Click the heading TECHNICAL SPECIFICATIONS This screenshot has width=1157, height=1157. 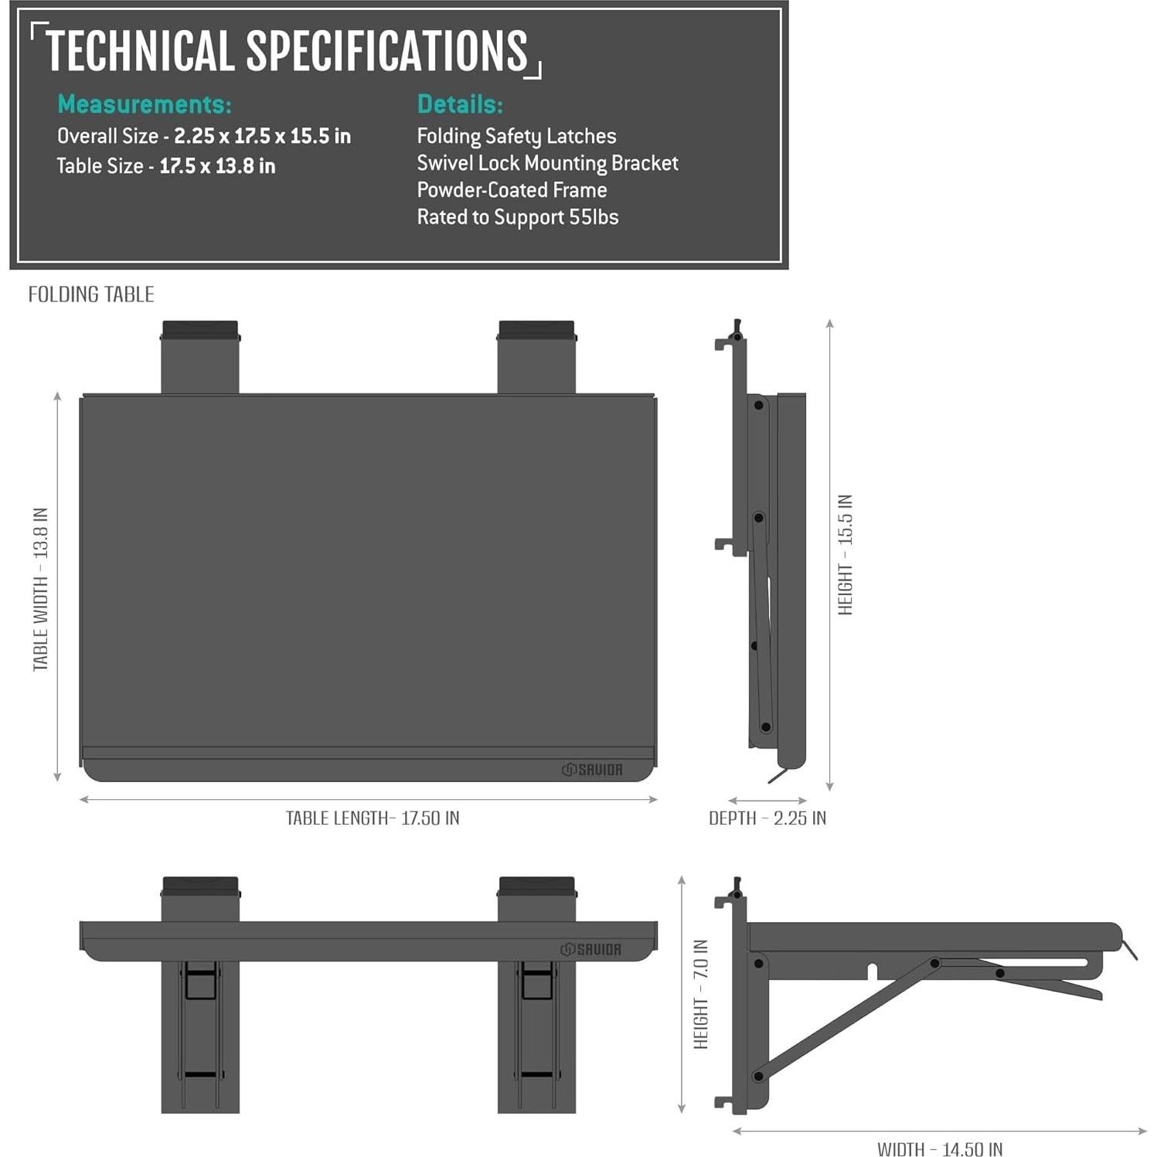click(287, 51)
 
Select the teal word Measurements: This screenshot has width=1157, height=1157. click(145, 104)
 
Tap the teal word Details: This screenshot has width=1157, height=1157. click(460, 104)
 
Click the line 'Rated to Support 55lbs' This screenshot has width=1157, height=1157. click(518, 217)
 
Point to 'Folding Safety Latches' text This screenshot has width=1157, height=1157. click(516, 137)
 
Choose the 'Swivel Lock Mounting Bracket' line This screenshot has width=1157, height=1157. click(547, 163)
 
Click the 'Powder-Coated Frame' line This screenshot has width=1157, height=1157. click(512, 190)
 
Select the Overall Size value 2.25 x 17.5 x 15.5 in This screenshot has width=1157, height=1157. click(262, 136)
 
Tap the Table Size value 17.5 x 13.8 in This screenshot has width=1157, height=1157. click(217, 166)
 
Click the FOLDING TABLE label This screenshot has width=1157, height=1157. click(91, 294)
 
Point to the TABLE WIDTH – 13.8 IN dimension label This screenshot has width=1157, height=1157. click(41, 589)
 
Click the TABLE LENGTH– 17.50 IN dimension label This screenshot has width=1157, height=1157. click(373, 818)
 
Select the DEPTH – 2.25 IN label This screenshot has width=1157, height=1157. click(767, 818)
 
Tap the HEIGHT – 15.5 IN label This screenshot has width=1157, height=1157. click(846, 555)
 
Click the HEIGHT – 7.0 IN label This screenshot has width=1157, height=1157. click(701, 994)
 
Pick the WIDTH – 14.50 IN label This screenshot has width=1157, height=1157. click(940, 1149)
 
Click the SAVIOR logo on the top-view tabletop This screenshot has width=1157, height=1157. click(592, 770)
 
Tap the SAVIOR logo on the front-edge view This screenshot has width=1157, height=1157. click(591, 949)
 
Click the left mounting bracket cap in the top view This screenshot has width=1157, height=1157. click(200, 330)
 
